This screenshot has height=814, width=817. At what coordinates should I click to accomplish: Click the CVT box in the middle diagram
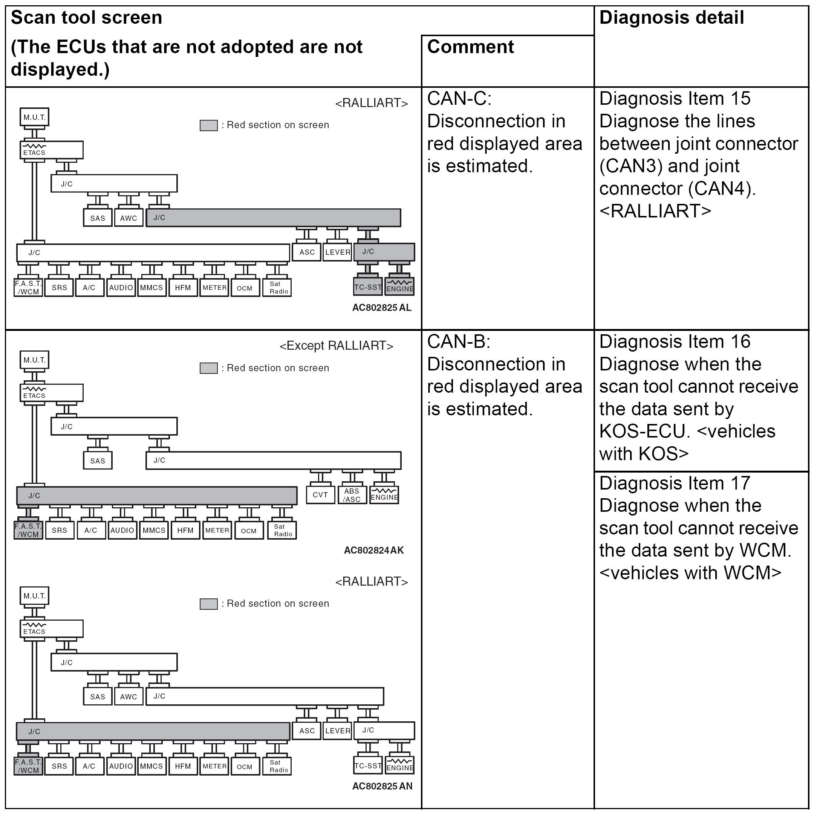coord(320,495)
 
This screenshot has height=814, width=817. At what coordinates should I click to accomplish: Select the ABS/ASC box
coord(352,495)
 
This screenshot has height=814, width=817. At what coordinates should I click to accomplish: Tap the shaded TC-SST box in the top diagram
coord(368,287)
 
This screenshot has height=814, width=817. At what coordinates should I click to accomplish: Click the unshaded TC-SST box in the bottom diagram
coord(368,766)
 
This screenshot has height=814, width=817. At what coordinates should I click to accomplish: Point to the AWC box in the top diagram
coord(129,218)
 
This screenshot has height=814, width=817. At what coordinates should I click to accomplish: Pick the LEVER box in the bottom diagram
coord(337,731)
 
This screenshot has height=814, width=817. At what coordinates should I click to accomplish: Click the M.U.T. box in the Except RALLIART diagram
coord(35,360)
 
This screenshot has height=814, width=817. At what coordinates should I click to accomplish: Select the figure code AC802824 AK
coord(374,550)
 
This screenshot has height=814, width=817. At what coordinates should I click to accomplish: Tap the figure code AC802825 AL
coord(381,308)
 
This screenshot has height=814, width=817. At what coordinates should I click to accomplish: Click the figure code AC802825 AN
coord(382,786)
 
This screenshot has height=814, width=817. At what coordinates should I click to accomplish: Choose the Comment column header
coord(470,46)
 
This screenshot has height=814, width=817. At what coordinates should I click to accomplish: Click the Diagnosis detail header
coord(672,18)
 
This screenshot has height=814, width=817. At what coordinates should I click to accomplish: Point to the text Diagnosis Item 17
coord(675,483)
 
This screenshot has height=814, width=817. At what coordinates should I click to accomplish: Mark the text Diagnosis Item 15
coord(675,98)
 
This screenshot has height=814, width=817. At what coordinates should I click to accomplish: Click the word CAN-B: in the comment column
coord(458,342)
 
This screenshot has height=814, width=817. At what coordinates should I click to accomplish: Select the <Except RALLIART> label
coord(336,346)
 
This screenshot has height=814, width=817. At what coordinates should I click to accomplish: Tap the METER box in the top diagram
coord(214,288)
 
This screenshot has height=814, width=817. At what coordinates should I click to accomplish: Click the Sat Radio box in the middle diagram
coord(283,530)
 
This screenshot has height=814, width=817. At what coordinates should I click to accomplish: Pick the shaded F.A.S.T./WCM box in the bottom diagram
coord(28,766)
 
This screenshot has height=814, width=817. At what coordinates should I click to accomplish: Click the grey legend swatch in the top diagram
coord(208,125)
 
